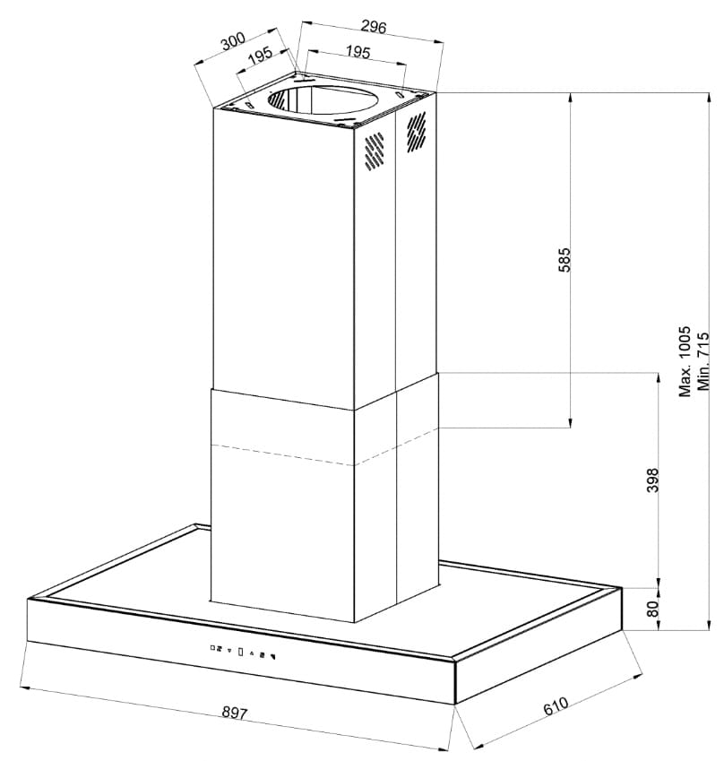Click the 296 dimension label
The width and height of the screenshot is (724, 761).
(x=374, y=27)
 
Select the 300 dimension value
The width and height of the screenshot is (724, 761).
(x=233, y=42)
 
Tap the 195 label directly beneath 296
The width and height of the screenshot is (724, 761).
(x=358, y=52)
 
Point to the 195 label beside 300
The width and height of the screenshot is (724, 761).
(x=260, y=56)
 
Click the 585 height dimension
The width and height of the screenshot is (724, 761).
(x=565, y=260)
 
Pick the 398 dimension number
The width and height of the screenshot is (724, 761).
(x=652, y=480)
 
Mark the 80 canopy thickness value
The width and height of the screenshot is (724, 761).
(x=652, y=609)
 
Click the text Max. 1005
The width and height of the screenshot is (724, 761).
(x=685, y=361)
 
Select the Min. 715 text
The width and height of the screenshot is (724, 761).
(x=702, y=361)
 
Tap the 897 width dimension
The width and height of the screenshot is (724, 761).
(x=235, y=713)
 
